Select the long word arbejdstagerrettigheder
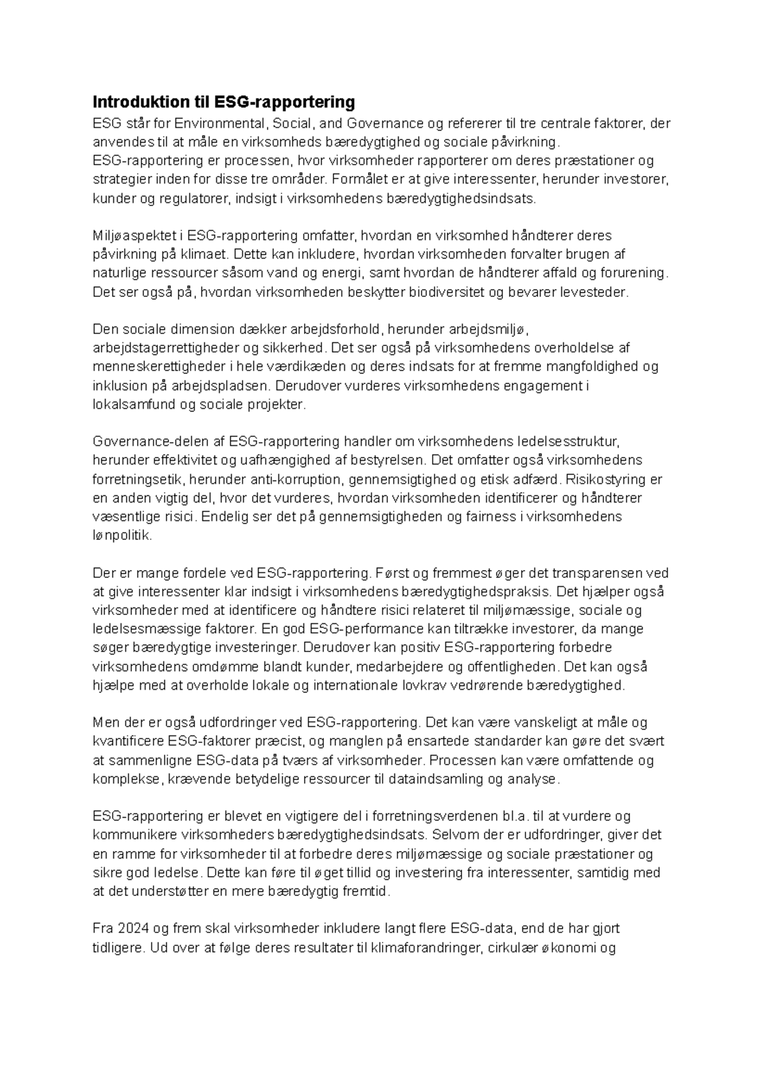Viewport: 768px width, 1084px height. coord(166,348)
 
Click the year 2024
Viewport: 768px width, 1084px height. coord(131,929)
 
